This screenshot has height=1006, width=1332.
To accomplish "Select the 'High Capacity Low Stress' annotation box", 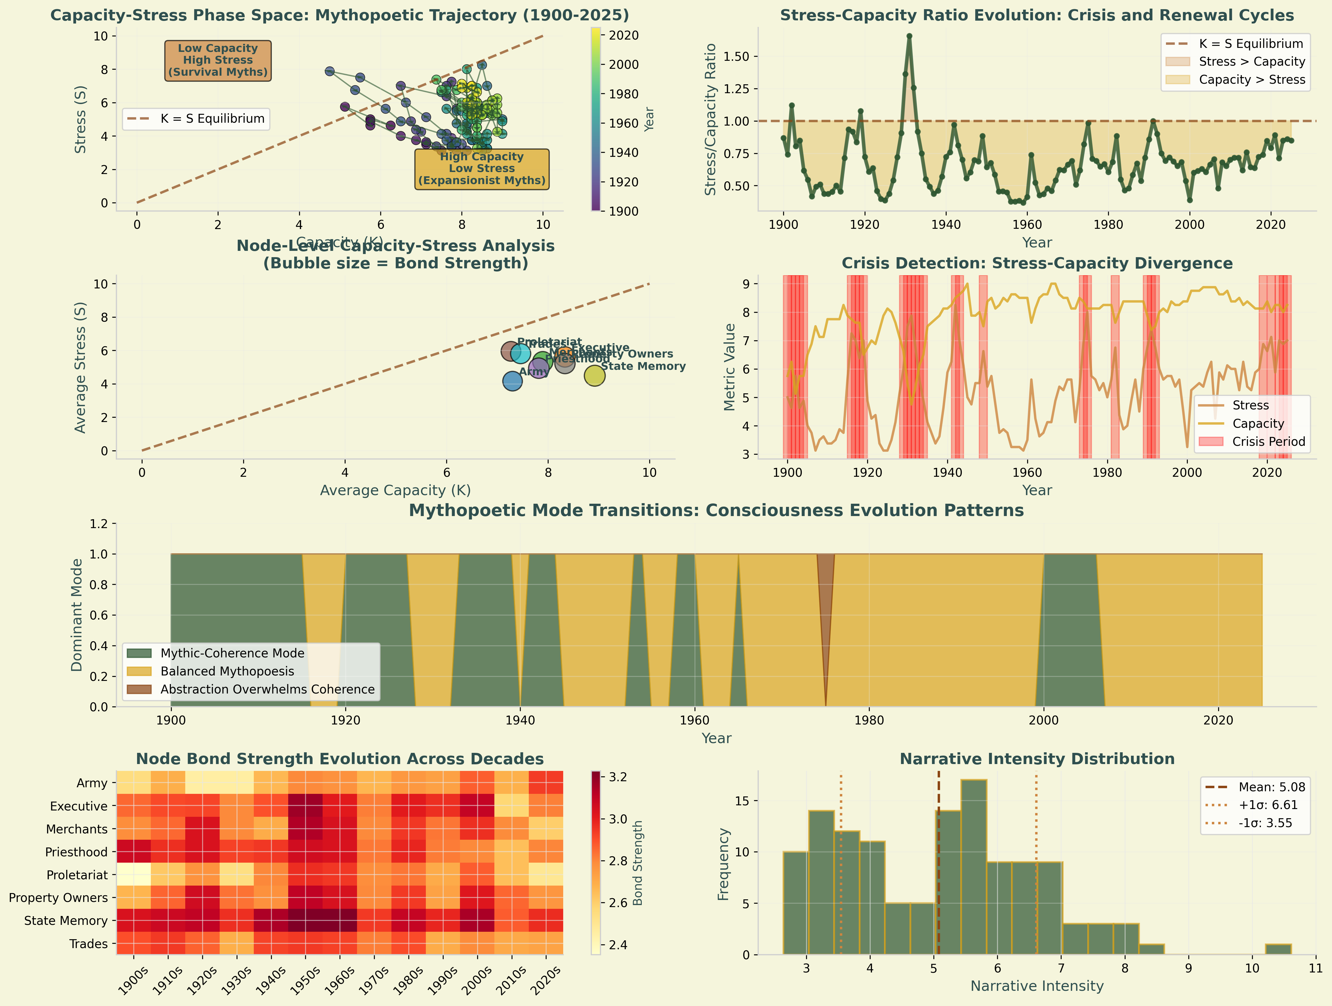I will point(482,169).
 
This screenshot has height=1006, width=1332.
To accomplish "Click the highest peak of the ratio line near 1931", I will point(909,36).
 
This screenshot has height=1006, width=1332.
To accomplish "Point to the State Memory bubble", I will point(594,376).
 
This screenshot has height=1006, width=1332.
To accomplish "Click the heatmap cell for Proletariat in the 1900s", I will point(134,875).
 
